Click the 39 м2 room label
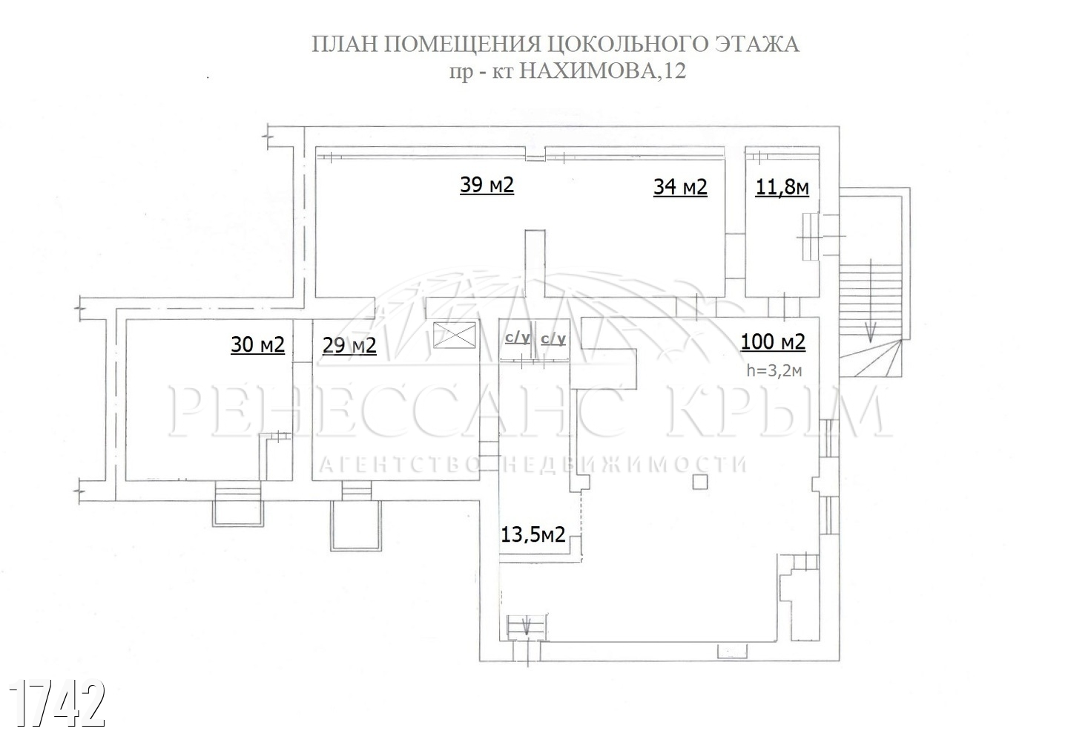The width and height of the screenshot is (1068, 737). (487, 185)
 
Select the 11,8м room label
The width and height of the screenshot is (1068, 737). (782, 188)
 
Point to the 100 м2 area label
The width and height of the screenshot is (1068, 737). (773, 342)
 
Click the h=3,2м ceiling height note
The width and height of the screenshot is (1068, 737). (774, 370)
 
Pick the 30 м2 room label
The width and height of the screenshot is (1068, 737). (257, 344)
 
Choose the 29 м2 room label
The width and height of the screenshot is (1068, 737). (349, 346)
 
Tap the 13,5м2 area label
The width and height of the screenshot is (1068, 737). (533, 534)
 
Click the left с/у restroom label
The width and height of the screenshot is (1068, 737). (518, 338)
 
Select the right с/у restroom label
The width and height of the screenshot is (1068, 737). (553, 338)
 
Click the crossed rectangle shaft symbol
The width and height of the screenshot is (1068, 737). (455, 335)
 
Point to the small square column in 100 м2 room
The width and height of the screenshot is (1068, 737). (700, 482)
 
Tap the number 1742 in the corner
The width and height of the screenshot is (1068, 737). (56, 703)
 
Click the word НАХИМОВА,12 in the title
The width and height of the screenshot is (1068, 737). (602, 71)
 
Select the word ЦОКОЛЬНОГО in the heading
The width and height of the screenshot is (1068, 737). (627, 45)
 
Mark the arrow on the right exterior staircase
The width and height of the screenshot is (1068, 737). (871, 301)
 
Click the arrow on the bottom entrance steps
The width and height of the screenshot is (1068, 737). (527, 626)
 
